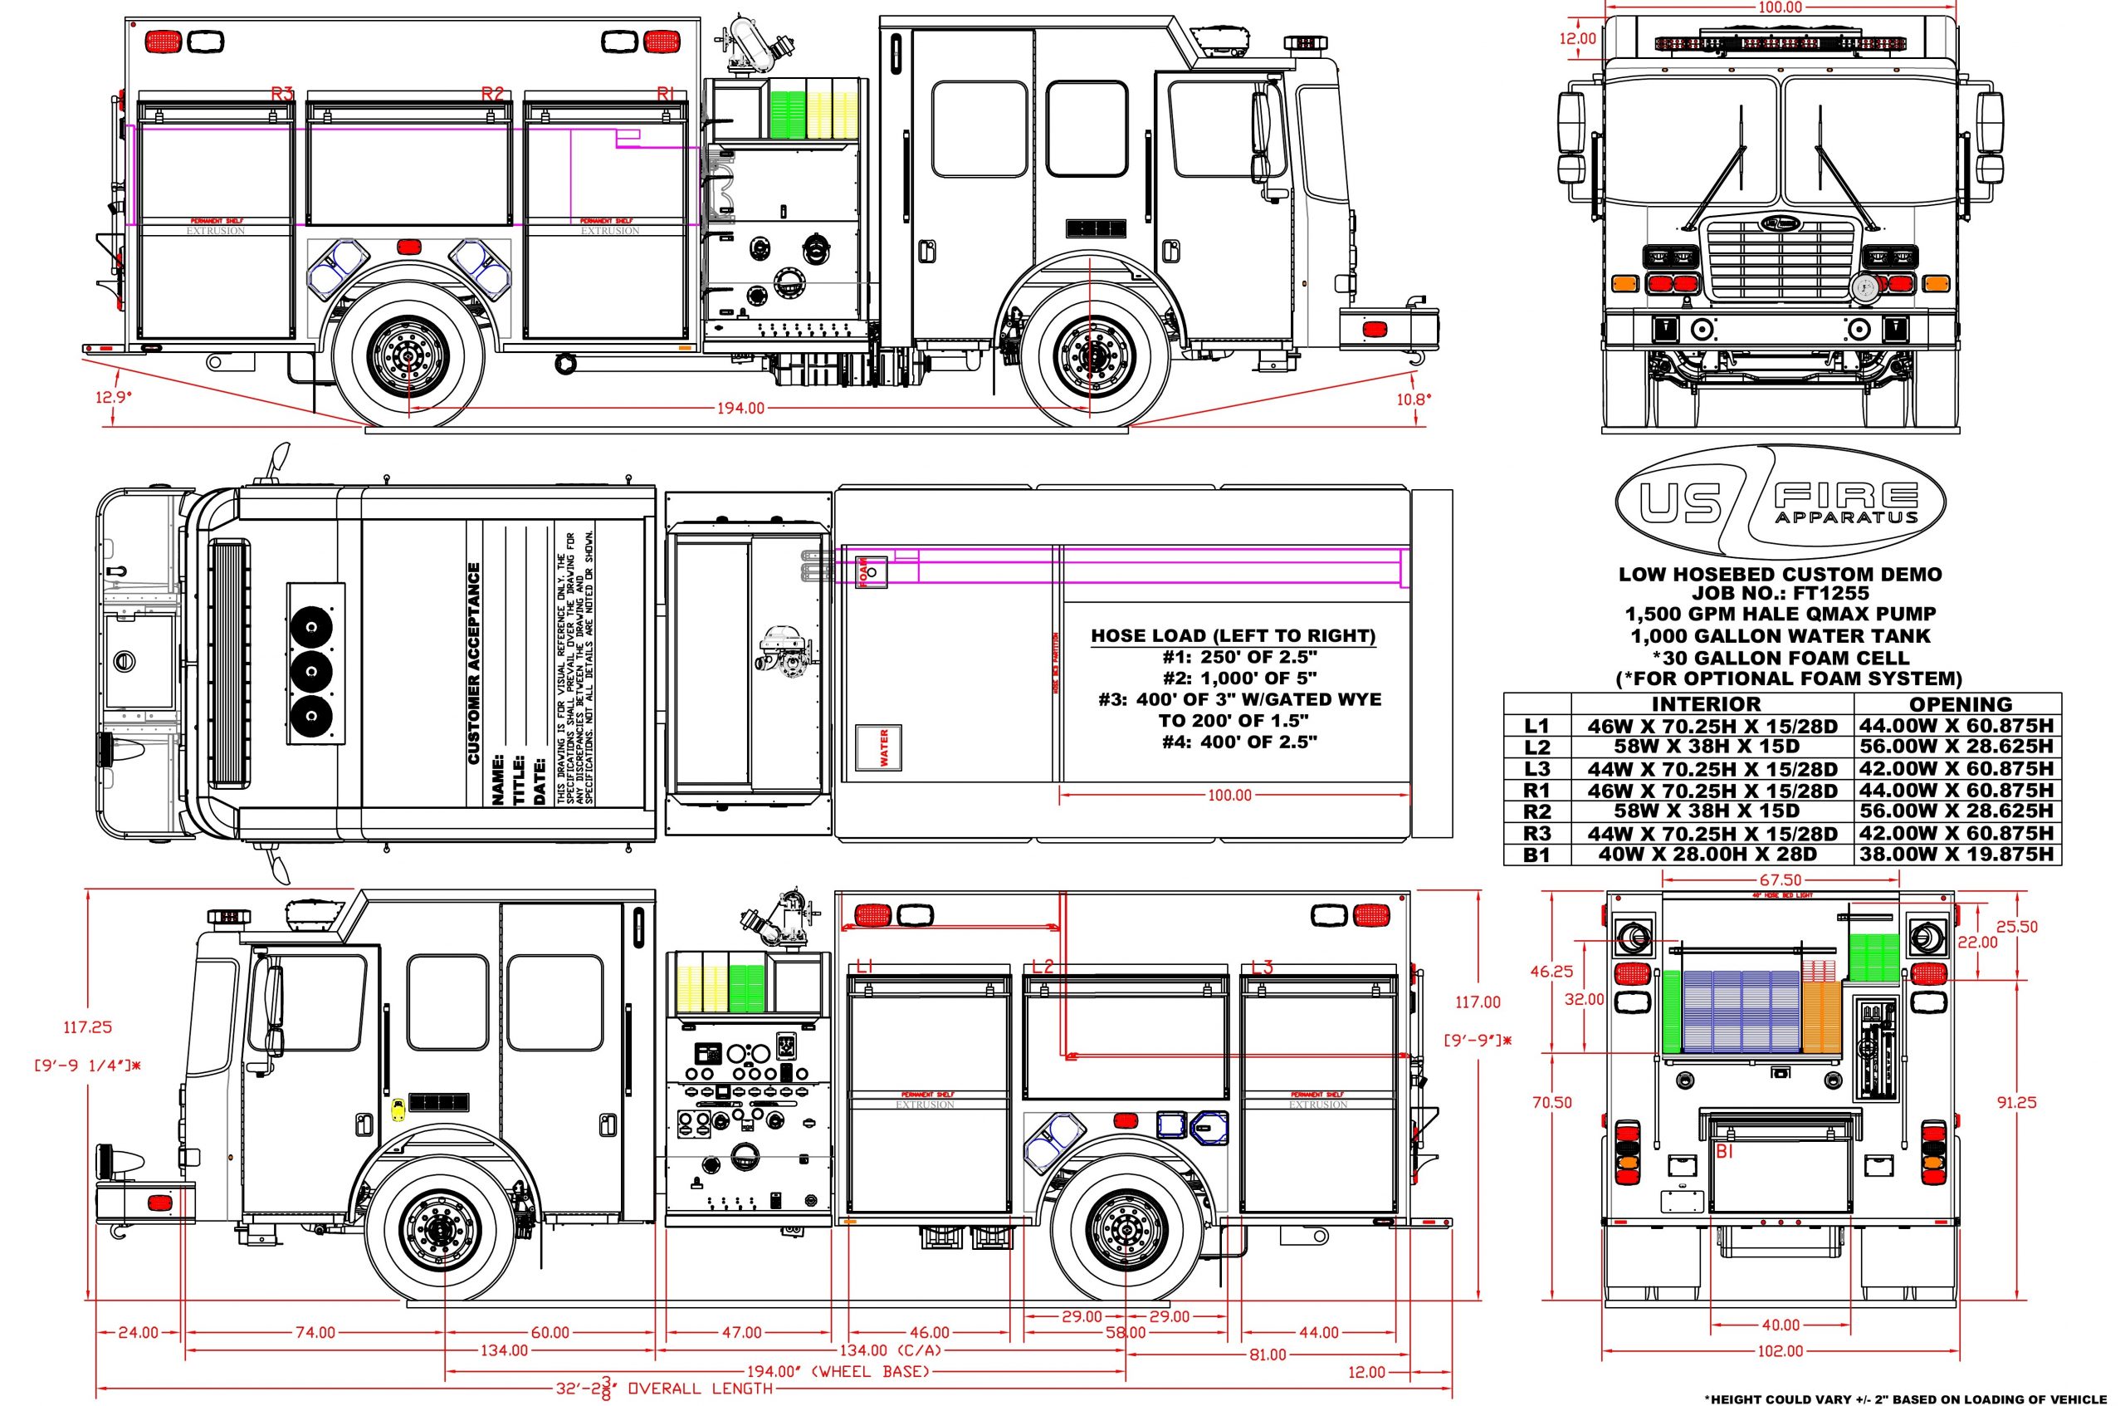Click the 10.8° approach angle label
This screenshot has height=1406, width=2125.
1414,399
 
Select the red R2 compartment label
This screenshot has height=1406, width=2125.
492,93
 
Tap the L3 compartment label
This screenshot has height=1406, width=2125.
1261,968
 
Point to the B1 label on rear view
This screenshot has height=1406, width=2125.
1723,1152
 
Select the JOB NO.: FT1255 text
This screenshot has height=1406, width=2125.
1779,593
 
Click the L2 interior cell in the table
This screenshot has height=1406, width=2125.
1712,747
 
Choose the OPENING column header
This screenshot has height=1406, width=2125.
1960,705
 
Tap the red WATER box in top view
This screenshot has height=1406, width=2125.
879,747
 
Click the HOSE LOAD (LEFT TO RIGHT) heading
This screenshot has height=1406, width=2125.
1233,636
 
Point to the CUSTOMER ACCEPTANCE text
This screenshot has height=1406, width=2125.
474,664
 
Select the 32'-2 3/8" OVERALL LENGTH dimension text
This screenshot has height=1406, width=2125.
663,1388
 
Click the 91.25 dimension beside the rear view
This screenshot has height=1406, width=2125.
2015,1103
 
